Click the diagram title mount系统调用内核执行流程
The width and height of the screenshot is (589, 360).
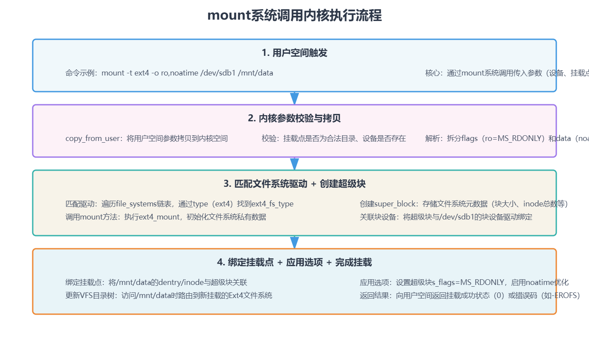(294, 16)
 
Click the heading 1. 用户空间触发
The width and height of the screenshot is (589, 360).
(294, 53)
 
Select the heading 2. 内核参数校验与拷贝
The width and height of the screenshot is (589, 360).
(294, 119)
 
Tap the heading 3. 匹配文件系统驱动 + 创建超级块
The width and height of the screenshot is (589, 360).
(294, 184)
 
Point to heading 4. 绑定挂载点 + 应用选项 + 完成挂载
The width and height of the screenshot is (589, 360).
(294, 263)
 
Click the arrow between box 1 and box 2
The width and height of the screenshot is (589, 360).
(294, 98)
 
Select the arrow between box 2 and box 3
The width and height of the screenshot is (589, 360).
(294, 164)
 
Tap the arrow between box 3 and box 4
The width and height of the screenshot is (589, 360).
(294, 242)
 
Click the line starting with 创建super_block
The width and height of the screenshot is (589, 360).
(464, 204)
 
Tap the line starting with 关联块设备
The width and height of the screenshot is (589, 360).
(446, 217)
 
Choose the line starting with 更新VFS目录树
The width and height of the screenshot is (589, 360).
(169, 295)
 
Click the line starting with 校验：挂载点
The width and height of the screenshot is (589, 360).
(334, 138)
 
